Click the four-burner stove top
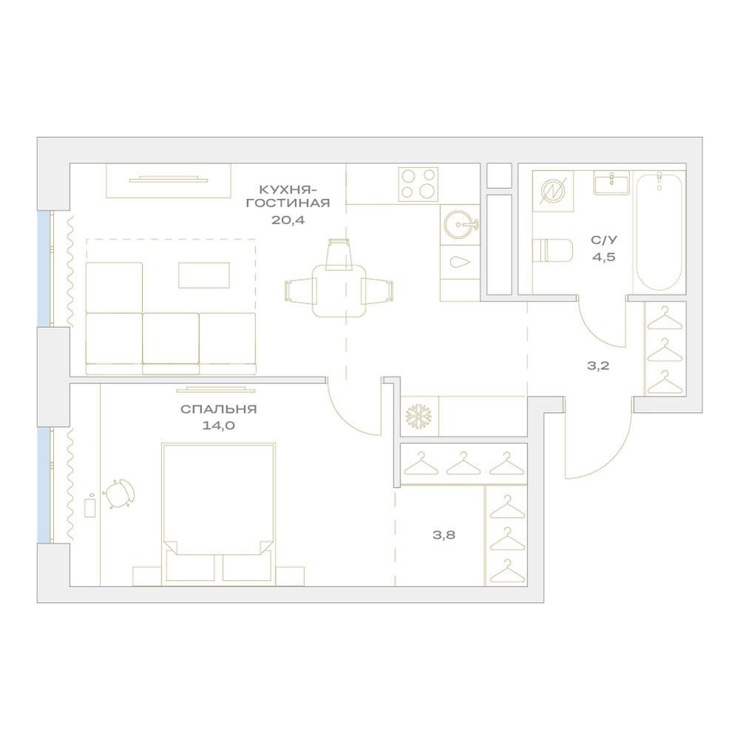418,184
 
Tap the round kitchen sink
460,223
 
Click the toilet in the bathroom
552,250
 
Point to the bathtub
659,231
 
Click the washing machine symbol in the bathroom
553,191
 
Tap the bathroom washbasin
612,183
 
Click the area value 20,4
288,220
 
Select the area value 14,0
218,425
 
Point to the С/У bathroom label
604,240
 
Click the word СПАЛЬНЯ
218,409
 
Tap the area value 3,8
444,535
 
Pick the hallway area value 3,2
598,366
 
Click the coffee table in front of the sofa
204,275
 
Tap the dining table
339,291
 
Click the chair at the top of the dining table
340,255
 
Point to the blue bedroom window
44,485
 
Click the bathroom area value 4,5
604,258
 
